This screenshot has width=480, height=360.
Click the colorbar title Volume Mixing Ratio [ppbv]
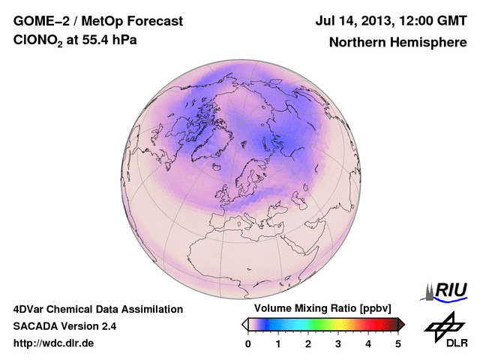[x=323, y=309]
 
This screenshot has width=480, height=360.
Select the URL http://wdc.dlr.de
[x=54, y=343]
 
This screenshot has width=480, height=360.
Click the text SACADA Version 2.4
[x=64, y=326]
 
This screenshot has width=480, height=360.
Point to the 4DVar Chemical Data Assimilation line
[x=97, y=309]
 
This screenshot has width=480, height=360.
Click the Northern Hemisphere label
[x=397, y=42]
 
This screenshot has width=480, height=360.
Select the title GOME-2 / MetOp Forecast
[x=93, y=20]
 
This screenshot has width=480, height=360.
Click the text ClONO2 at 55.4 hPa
[x=75, y=41]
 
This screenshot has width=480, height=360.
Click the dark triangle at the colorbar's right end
[x=401, y=324]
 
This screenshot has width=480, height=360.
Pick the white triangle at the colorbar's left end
[x=244, y=324]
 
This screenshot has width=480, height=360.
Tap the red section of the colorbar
[x=367, y=324]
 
